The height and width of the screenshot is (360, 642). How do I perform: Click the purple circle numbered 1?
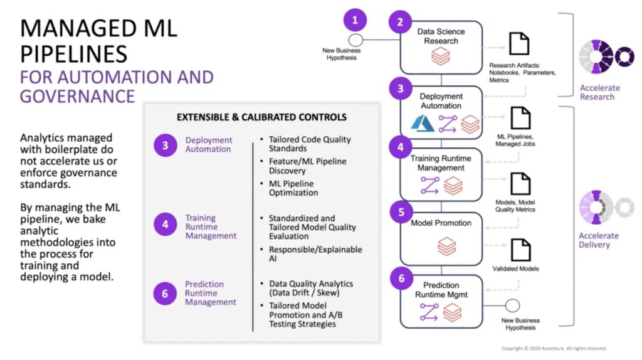355,19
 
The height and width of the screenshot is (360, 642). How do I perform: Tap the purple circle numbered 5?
401,212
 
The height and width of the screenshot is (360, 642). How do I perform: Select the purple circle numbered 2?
400,23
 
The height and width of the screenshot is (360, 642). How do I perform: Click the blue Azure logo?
423,123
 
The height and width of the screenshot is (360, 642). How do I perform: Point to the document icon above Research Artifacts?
519,44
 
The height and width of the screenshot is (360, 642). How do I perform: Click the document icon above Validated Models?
520,250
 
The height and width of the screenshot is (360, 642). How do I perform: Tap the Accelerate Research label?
600,93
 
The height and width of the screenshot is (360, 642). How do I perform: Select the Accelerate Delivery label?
599,240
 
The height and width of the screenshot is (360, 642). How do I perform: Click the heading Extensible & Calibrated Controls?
261,117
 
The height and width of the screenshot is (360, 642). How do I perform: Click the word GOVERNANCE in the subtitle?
77,96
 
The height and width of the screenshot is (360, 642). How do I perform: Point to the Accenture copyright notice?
554,349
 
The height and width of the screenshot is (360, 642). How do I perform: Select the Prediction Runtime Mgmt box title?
441,289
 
